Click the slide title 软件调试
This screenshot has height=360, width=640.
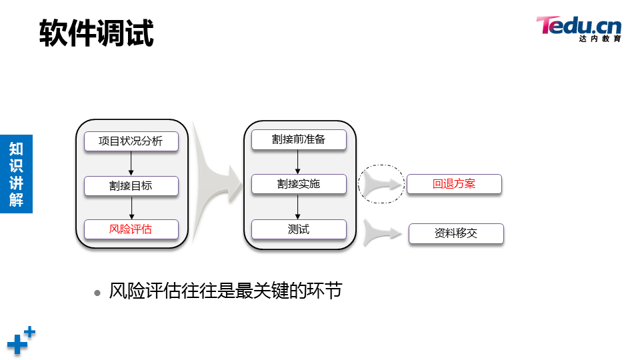tap(97, 33)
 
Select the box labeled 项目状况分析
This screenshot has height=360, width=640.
tap(131, 141)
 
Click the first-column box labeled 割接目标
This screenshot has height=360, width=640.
tap(131, 186)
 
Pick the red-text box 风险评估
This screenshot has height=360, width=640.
tap(131, 229)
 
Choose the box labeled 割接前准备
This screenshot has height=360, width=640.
tap(299, 140)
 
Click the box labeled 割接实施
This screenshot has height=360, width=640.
tap(299, 184)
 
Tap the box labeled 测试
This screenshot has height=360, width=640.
tap(299, 229)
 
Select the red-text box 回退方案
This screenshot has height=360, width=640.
tap(454, 184)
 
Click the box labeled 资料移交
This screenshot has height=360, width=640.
tap(456, 233)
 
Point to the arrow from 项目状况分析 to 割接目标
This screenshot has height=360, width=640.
tap(131, 163)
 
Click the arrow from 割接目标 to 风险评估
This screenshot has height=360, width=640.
tap(131, 207)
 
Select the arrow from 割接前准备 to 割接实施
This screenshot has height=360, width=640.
tap(298, 162)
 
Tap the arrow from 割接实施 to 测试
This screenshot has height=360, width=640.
tap(298, 207)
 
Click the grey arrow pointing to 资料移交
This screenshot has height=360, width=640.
tap(384, 233)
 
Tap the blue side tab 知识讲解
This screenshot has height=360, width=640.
tap(16, 174)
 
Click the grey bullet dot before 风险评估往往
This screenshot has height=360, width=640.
tap(98, 292)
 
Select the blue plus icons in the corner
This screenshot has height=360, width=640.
tap(21, 340)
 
